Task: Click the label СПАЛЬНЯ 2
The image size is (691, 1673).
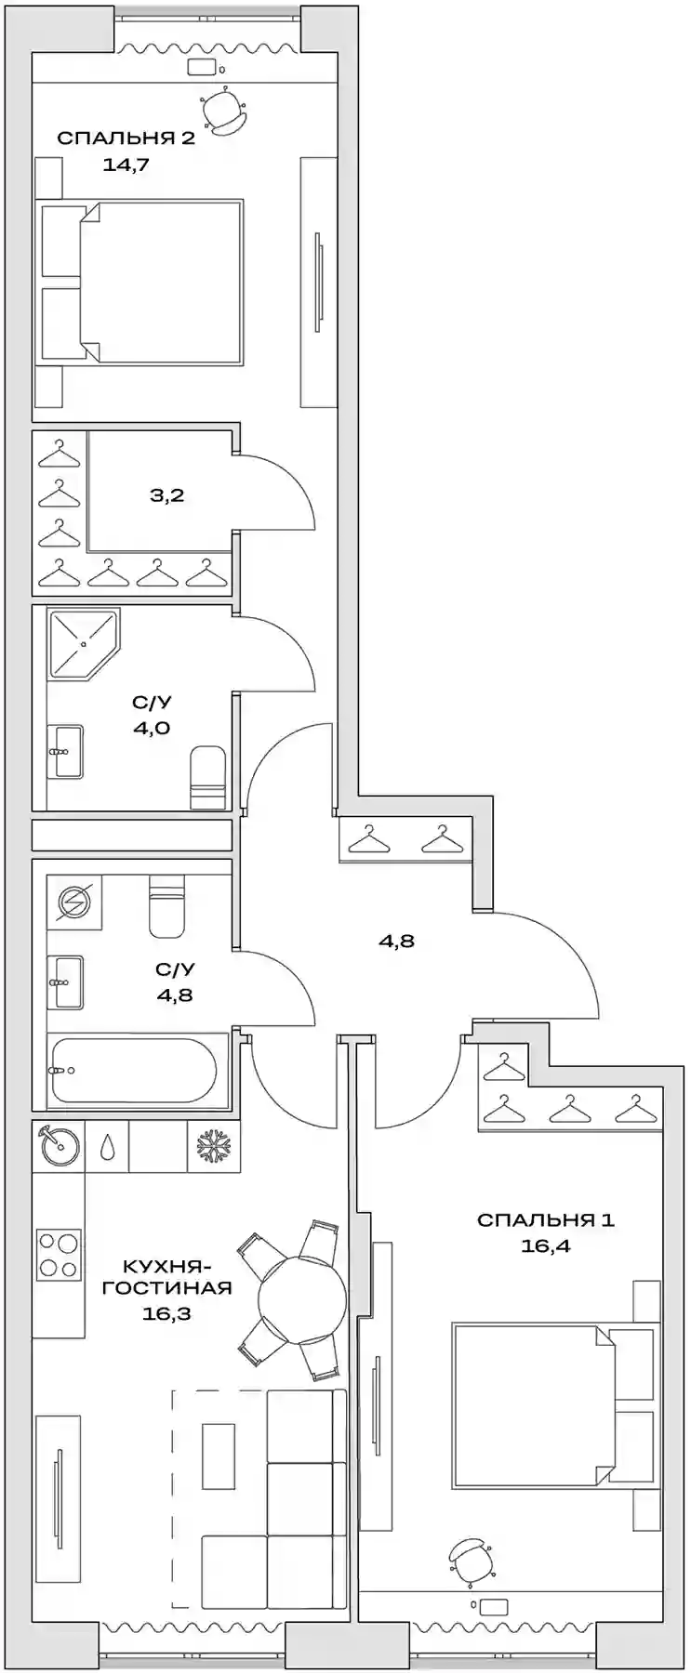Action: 126,138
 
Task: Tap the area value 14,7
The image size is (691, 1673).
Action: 126,166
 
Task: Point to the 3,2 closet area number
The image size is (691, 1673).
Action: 167,495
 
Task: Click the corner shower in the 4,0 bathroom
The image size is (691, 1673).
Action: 82,642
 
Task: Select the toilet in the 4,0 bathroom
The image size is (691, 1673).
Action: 208,778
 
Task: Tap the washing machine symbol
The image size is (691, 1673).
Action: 72,902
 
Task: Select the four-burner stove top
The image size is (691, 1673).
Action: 58,1254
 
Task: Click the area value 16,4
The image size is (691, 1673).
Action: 545,1246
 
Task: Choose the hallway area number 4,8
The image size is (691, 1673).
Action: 396,941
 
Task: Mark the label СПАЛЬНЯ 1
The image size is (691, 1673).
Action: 545,1219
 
